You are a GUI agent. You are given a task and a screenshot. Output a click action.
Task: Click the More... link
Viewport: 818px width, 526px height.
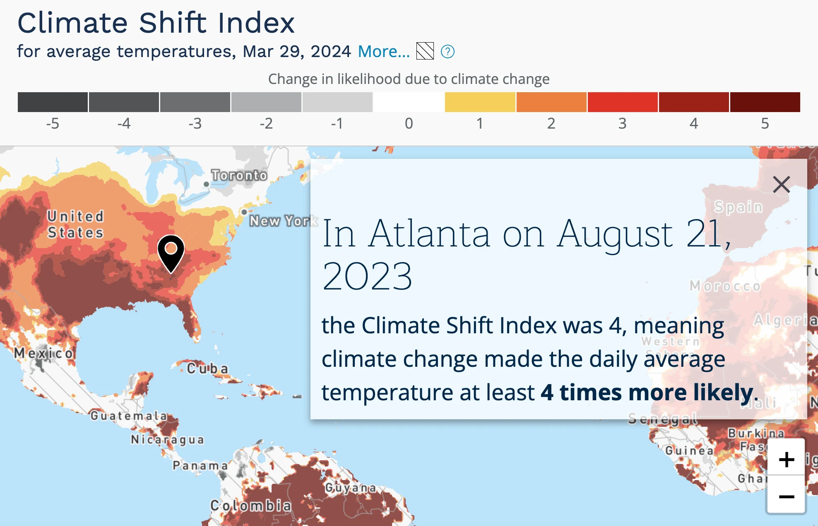coord(383,52)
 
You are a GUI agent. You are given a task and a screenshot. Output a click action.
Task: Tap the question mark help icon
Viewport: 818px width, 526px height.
coord(447,52)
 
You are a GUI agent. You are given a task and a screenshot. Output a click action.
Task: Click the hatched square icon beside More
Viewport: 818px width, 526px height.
coord(425,51)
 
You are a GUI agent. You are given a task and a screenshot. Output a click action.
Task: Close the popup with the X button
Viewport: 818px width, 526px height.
coord(781,184)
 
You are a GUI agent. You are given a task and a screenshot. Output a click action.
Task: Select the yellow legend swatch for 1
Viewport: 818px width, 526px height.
coord(480,102)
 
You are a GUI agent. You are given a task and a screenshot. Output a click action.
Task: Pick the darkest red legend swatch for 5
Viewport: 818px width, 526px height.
coord(765,102)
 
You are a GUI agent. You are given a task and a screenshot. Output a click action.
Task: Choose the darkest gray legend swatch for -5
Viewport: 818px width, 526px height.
coord(53,102)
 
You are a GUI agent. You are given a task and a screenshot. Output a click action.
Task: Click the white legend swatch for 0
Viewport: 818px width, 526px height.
coord(409,102)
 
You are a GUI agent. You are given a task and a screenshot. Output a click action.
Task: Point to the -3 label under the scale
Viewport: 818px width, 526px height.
coord(195,124)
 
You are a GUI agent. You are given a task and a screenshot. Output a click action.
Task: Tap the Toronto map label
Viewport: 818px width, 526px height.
coord(239,175)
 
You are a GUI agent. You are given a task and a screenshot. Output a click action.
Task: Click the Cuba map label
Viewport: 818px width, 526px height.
coord(207,368)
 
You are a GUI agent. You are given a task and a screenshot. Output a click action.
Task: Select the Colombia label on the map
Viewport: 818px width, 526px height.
coord(251,505)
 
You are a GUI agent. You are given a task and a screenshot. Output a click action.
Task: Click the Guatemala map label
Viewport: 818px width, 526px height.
coord(129,416)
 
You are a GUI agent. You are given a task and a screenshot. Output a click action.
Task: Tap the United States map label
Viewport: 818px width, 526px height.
coord(75,225)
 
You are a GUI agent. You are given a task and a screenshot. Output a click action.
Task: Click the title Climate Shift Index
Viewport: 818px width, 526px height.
coord(156,23)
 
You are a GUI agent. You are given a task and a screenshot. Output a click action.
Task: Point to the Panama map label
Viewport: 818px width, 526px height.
coord(200,466)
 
